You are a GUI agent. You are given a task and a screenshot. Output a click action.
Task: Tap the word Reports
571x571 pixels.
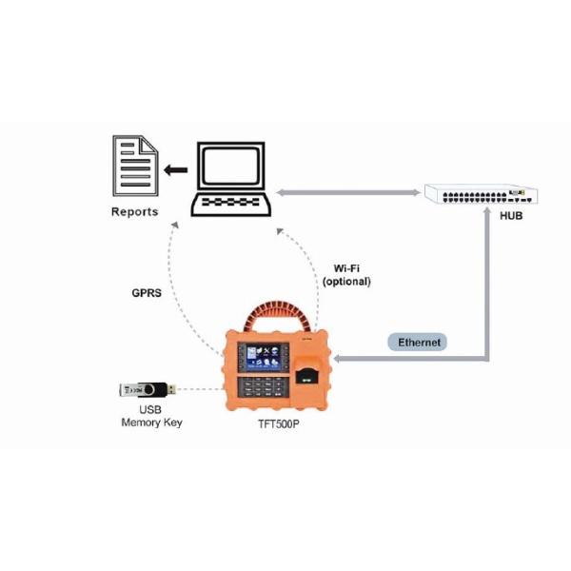click(134, 211)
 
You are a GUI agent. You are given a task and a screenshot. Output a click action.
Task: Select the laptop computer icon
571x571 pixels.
click(232, 181)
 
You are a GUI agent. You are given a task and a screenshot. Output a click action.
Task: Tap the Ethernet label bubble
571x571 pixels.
click(419, 341)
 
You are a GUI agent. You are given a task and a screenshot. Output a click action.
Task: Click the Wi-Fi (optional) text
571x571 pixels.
click(346, 275)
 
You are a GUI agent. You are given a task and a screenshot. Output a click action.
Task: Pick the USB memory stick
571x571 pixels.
click(143, 389)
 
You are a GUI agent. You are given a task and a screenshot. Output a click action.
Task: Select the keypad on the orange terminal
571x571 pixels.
click(262, 385)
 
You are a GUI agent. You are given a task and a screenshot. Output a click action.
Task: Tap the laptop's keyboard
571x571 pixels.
click(232, 202)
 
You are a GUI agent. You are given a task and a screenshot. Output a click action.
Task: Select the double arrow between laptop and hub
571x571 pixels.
click(347, 191)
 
